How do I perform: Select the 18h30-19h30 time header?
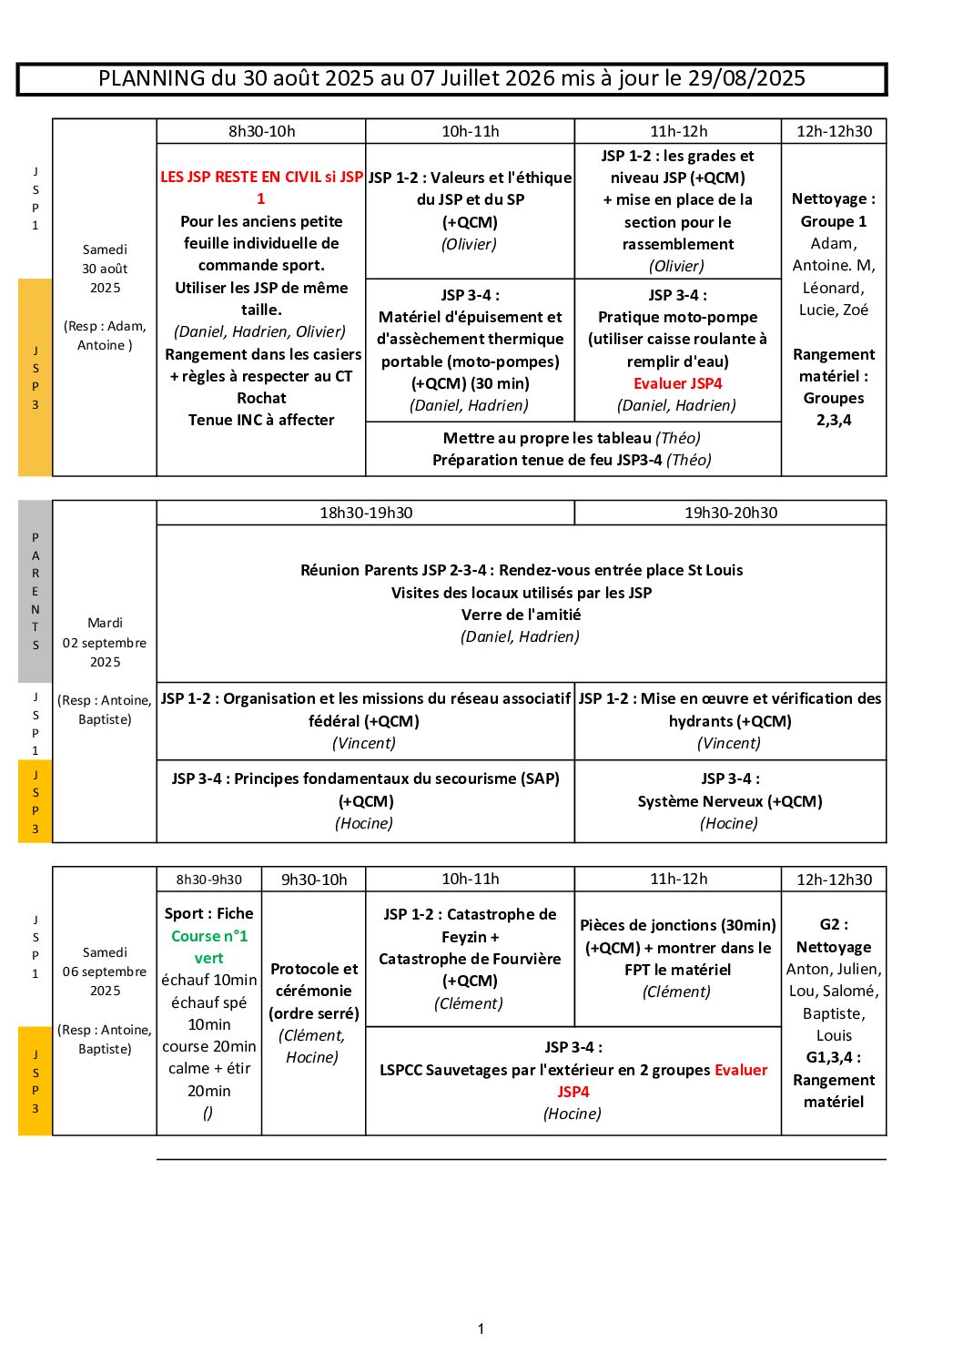click(x=366, y=513)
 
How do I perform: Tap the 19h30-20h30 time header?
click(x=731, y=513)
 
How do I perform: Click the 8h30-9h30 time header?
click(x=209, y=880)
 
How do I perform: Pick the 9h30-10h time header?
click(x=314, y=880)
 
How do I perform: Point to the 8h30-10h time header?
click(x=261, y=131)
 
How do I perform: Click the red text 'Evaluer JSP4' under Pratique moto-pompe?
click(x=678, y=383)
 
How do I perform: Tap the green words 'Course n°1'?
click(x=209, y=936)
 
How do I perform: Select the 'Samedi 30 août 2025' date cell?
click(x=105, y=269)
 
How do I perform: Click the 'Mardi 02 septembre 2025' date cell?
click(x=105, y=642)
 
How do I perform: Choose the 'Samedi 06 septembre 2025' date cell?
click(x=105, y=971)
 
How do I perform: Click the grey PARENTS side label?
click(x=35, y=591)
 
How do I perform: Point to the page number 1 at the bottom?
click(x=481, y=1329)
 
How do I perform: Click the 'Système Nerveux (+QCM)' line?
click(x=730, y=801)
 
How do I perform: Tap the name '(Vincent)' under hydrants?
click(x=729, y=743)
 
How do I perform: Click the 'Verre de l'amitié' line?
click(x=521, y=615)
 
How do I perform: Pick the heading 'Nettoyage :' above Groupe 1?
click(x=834, y=198)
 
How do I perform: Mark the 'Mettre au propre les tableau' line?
click(x=547, y=438)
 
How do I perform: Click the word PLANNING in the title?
click(x=152, y=78)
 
